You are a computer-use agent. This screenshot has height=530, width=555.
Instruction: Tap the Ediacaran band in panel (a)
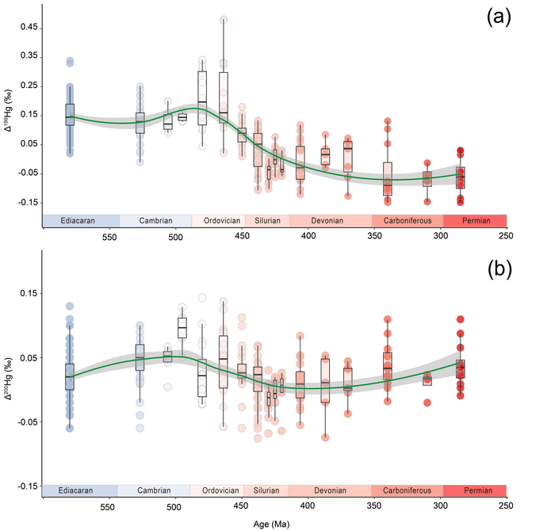[x=80, y=221]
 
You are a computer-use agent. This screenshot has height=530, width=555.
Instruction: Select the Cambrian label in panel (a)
[x=155, y=221]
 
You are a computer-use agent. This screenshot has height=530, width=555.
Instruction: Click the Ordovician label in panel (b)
[x=217, y=491]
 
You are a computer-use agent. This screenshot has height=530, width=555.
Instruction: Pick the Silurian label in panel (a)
[x=267, y=221]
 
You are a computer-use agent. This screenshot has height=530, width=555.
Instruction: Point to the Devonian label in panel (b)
[x=330, y=491]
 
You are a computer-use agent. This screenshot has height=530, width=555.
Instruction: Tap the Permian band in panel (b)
[x=474, y=491]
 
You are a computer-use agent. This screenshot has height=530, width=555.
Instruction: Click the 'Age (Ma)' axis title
[x=274, y=522]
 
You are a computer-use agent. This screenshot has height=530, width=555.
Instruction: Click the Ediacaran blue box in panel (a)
[x=70, y=115]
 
